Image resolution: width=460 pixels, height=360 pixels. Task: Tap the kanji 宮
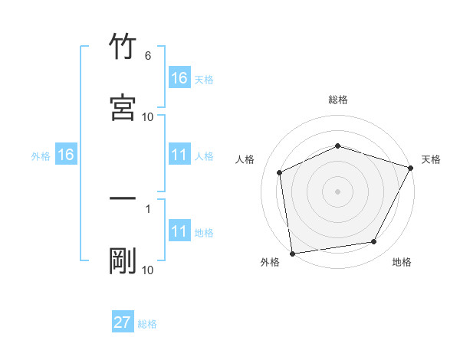123,107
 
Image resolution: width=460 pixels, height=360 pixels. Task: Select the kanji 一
123,199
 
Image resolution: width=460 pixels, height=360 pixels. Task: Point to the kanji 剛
123,260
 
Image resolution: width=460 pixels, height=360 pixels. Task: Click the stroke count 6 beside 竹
148,56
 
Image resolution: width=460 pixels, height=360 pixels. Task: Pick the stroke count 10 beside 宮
148,116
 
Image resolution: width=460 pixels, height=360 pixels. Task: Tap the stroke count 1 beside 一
148,208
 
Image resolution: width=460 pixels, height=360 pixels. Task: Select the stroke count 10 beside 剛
148,270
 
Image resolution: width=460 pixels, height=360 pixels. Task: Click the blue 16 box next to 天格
179,78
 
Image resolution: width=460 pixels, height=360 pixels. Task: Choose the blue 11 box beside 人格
179,155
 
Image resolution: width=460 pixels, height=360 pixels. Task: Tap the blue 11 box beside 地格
179,231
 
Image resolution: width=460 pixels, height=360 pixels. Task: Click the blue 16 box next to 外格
66,155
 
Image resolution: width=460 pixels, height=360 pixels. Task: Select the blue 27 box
123,322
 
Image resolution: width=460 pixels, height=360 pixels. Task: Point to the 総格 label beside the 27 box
147,324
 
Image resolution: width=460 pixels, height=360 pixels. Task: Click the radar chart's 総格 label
338,100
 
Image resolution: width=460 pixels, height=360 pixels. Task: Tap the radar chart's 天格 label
432,159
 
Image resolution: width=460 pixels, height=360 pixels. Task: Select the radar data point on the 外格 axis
292,253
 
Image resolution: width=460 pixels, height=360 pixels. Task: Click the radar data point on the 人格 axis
280,172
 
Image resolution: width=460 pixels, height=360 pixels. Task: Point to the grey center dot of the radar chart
338,191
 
